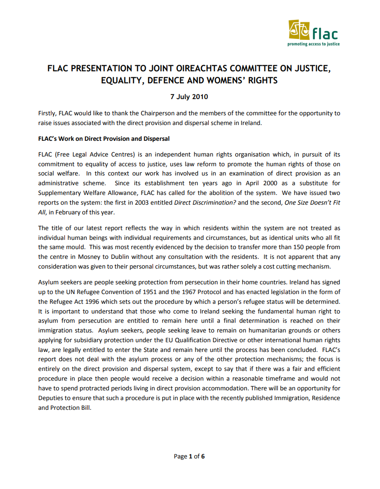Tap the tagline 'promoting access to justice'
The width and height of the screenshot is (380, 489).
point(314,44)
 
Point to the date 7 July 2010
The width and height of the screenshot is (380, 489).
point(189,97)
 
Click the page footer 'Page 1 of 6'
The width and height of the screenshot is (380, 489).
point(189,456)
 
